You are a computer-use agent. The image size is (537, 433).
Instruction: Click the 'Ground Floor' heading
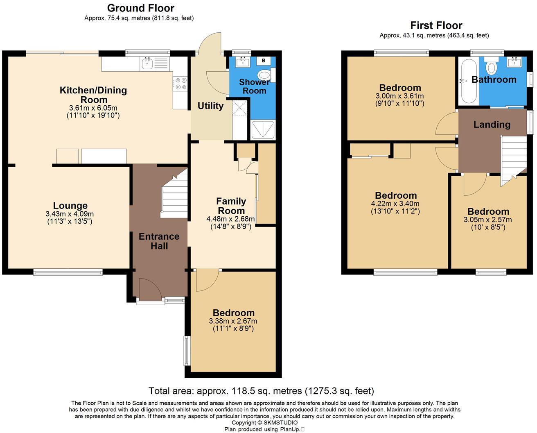pos(140,8)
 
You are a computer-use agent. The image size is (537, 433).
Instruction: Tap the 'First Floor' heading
pos(436,25)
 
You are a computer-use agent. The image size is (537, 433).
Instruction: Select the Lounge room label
pos(70,206)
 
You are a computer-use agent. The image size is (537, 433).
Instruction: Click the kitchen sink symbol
pos(147,63)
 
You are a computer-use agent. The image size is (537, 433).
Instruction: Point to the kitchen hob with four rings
pos(181,83)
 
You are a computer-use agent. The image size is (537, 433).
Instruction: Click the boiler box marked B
pos(264,61)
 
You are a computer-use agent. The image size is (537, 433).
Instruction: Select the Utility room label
pos(210,106)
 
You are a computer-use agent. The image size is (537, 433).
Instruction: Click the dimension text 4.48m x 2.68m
pos(230,219)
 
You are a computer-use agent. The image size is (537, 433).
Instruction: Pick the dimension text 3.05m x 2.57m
pos(487,220)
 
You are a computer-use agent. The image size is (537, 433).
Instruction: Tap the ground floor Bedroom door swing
pos(206,279)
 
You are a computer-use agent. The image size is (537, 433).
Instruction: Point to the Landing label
pos(492,125)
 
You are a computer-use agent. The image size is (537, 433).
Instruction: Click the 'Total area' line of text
pos(261,391)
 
